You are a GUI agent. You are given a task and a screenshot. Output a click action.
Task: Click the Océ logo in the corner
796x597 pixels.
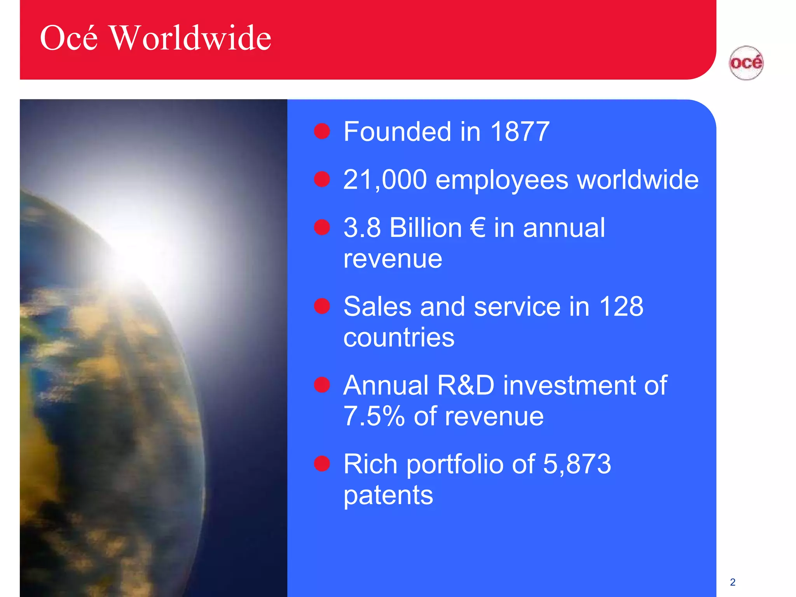(x=746, y=63)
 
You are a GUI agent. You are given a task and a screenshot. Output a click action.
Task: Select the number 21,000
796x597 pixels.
(x=385, y=180)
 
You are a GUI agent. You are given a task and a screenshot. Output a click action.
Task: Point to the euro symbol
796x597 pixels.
(x=477, y=228)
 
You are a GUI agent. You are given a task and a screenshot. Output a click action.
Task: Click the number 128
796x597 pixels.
(x=621, y=306)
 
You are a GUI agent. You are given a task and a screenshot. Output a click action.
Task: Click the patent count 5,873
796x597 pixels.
(x=577, y=464)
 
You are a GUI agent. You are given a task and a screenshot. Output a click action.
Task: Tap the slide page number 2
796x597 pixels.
(x=733, y=582)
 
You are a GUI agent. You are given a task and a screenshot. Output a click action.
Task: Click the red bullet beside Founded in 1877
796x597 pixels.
(x=322, y=131)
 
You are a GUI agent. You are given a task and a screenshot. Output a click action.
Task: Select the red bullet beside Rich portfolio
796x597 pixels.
(x=322, y=464)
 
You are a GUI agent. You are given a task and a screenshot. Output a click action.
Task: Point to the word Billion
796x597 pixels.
(x=425, y=228)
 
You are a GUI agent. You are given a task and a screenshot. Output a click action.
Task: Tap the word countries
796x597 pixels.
(x=399, y=337)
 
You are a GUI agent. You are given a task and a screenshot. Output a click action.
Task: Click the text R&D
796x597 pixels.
(x=465, y=385)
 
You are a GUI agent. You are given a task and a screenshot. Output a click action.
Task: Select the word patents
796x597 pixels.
(x=388, y=496)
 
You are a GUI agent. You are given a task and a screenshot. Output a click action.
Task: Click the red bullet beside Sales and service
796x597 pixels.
(x=322, y=306)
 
